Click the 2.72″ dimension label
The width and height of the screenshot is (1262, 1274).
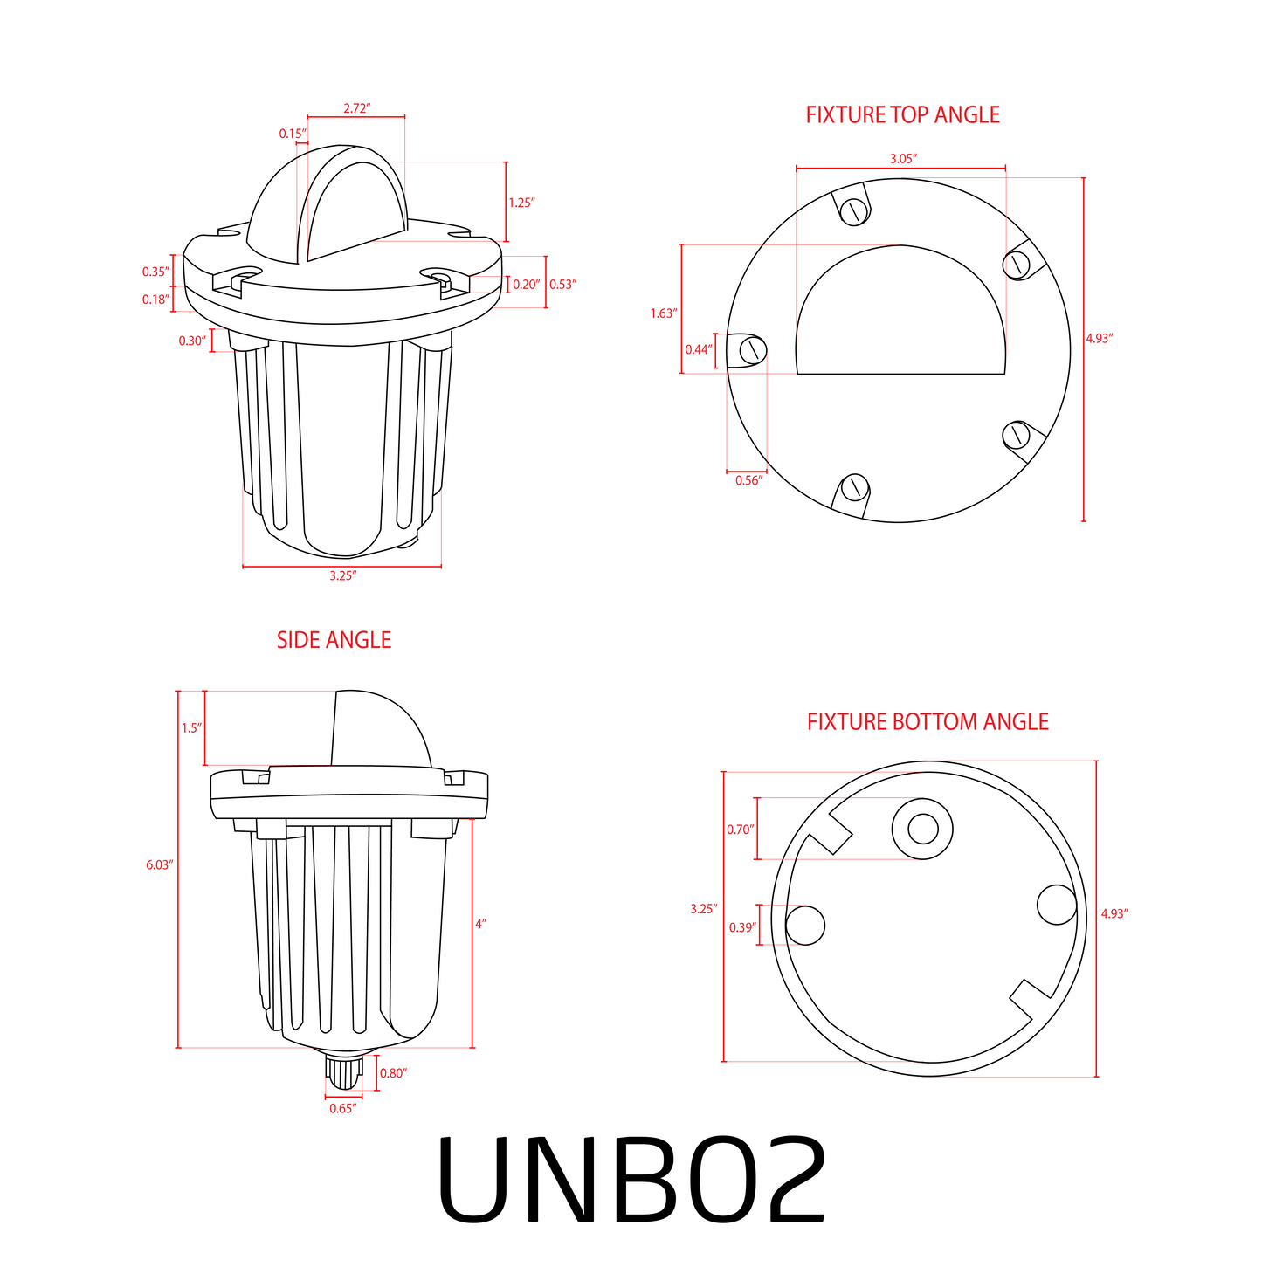356,108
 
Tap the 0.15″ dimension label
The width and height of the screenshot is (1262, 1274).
293,134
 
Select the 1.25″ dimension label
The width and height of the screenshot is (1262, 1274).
521,203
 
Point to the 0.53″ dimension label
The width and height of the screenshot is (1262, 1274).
562,284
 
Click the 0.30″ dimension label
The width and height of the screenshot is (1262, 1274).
192,341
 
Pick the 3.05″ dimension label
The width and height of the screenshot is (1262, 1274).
902,158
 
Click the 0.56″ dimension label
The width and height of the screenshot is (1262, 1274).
748,479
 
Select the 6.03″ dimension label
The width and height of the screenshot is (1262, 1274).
160,864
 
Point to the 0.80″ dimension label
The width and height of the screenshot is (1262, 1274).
393,1072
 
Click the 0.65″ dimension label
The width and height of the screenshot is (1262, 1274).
342,1108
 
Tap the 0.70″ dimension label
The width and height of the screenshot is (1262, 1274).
740,829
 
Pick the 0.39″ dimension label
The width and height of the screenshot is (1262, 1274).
742,926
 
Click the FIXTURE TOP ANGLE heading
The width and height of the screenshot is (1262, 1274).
902,114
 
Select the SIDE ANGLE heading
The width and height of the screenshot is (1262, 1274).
334,640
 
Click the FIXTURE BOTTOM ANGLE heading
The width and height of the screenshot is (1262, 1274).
928,721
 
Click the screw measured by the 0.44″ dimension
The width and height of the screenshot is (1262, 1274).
752,350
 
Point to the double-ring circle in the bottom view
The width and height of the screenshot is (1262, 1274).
922,828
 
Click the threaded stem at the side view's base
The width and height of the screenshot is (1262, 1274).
343,1071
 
